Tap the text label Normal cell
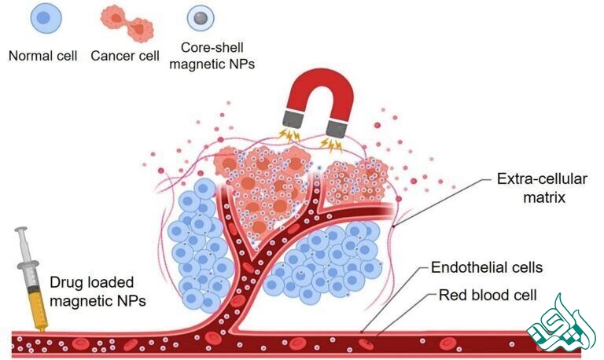41,56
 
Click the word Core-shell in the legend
207,50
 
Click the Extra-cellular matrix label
533,188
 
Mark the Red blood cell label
487,296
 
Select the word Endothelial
469,267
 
